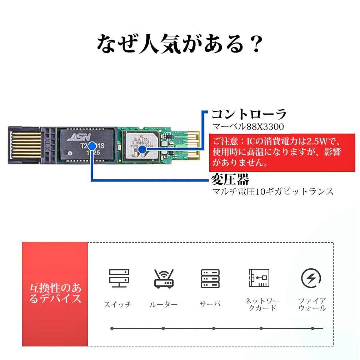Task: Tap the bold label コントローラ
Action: (249, 114)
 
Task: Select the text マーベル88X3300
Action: (244, 126)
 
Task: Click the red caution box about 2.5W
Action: (282, 152)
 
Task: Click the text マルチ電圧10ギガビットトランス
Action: (273, 191)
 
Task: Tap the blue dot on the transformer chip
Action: (92, 146)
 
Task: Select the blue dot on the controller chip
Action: (142, 150)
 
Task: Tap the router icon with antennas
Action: (164, 279)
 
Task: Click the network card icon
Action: (259, 278)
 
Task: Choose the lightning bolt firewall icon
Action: (311, 278)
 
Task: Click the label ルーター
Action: (163, 305)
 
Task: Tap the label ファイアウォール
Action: (312, 304)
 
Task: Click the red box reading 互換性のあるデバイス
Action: (55, 294)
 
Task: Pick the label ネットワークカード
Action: (262, 304)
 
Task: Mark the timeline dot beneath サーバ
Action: (214, 328)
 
